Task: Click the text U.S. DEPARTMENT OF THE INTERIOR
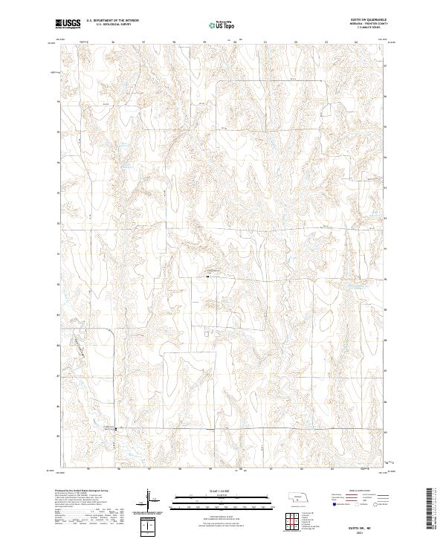(x=112, y=21)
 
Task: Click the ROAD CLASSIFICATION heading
(x=362, y=491)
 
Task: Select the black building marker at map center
(x=207, y=277)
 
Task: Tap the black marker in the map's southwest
(x=114, y=429)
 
